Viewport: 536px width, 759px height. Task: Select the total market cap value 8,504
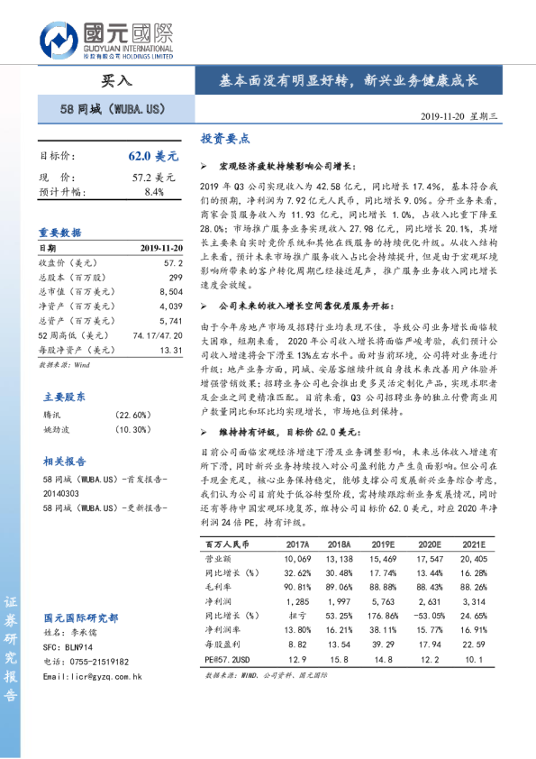(x=169, y=292)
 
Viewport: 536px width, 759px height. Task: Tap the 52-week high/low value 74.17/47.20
(x=158, y=335)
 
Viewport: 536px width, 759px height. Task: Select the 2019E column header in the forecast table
(x=383, y=545)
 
